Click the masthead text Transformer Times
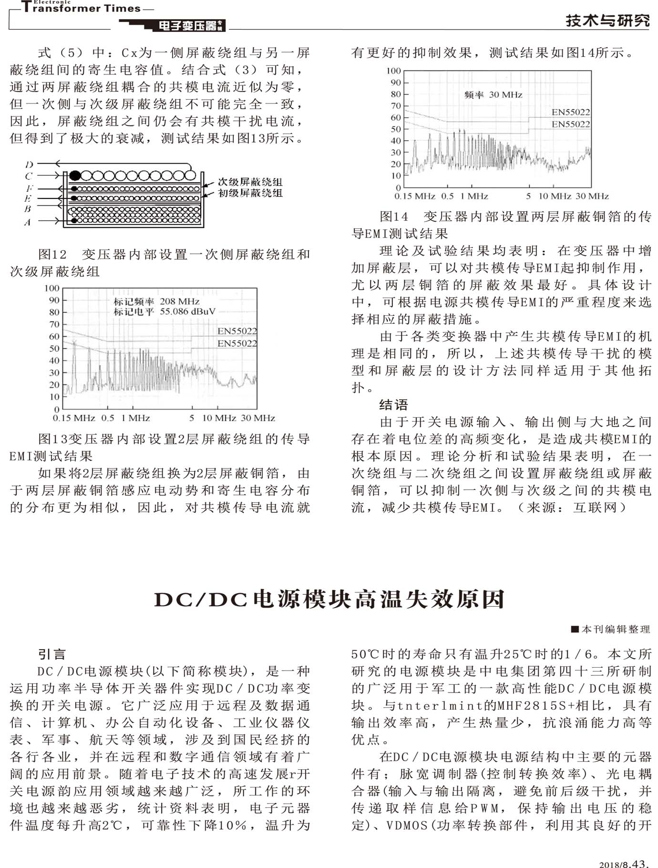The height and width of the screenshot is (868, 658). point(82,8)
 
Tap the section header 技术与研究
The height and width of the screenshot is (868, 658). point(607,21)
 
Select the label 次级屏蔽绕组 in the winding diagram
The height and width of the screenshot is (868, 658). point(250,182)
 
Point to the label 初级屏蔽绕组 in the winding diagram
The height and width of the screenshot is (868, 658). point(250,193)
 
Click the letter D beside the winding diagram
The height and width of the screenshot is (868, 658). point(29,165)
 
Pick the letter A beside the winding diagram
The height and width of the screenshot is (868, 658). point(27,222)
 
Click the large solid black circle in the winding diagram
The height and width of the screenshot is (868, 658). point(74,175)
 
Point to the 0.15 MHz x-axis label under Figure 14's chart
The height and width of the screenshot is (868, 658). point(414,196)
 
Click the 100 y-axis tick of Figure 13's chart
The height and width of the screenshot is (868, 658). point(52,288)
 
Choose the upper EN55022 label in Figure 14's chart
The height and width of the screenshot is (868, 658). point(571,113)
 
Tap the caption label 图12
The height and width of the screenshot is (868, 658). point(52,254)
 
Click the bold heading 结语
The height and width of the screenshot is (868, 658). point(393,405)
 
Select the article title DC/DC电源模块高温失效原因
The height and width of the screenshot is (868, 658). point(329,599)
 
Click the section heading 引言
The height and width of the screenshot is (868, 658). point(52,654)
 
